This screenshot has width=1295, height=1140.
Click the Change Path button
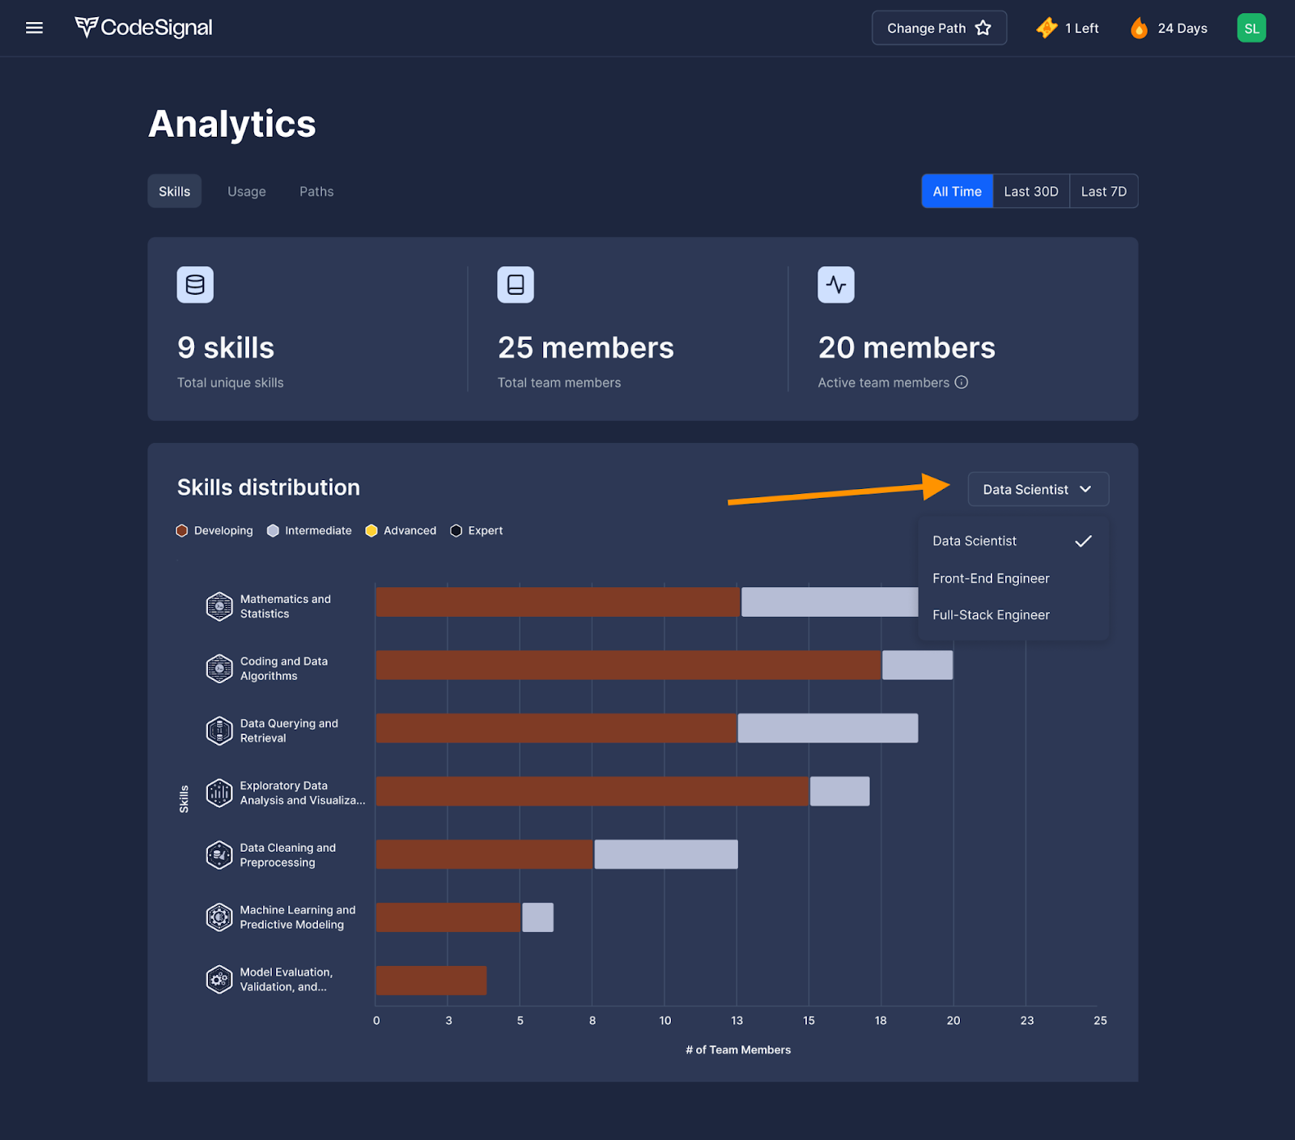point(939,28)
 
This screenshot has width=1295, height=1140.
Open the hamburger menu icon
point(34,28)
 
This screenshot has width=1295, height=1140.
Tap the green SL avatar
point(1251,28)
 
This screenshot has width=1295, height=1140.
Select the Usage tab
point(247,192)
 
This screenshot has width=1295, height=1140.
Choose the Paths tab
point(316,192)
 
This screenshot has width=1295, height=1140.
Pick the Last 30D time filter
point(1030,192)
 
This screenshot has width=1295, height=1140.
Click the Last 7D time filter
point(1103,192)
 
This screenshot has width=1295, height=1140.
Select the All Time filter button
point(957,192)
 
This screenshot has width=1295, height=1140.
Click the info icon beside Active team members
point(962,382)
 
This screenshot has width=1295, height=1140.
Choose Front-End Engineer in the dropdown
point(991,578)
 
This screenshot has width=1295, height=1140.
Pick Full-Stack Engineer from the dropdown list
point(991,615)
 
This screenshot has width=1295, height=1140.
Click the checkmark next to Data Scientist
point(1083,541)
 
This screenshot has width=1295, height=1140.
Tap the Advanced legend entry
point(401,531)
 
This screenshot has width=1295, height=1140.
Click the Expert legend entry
point(477,531)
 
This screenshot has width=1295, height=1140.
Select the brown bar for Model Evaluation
point(431,980)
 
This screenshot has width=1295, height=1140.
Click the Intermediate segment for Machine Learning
point(537,917)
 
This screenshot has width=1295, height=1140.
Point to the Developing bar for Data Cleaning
point(484,854)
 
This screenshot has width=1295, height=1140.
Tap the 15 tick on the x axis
point(809,1021)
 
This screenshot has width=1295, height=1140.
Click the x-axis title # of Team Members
point(738,1050)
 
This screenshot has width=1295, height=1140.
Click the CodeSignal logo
point(144,28)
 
